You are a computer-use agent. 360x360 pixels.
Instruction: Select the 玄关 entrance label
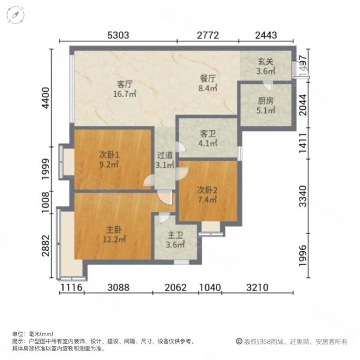266,61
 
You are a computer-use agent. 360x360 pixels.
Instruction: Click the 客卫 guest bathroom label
208,134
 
